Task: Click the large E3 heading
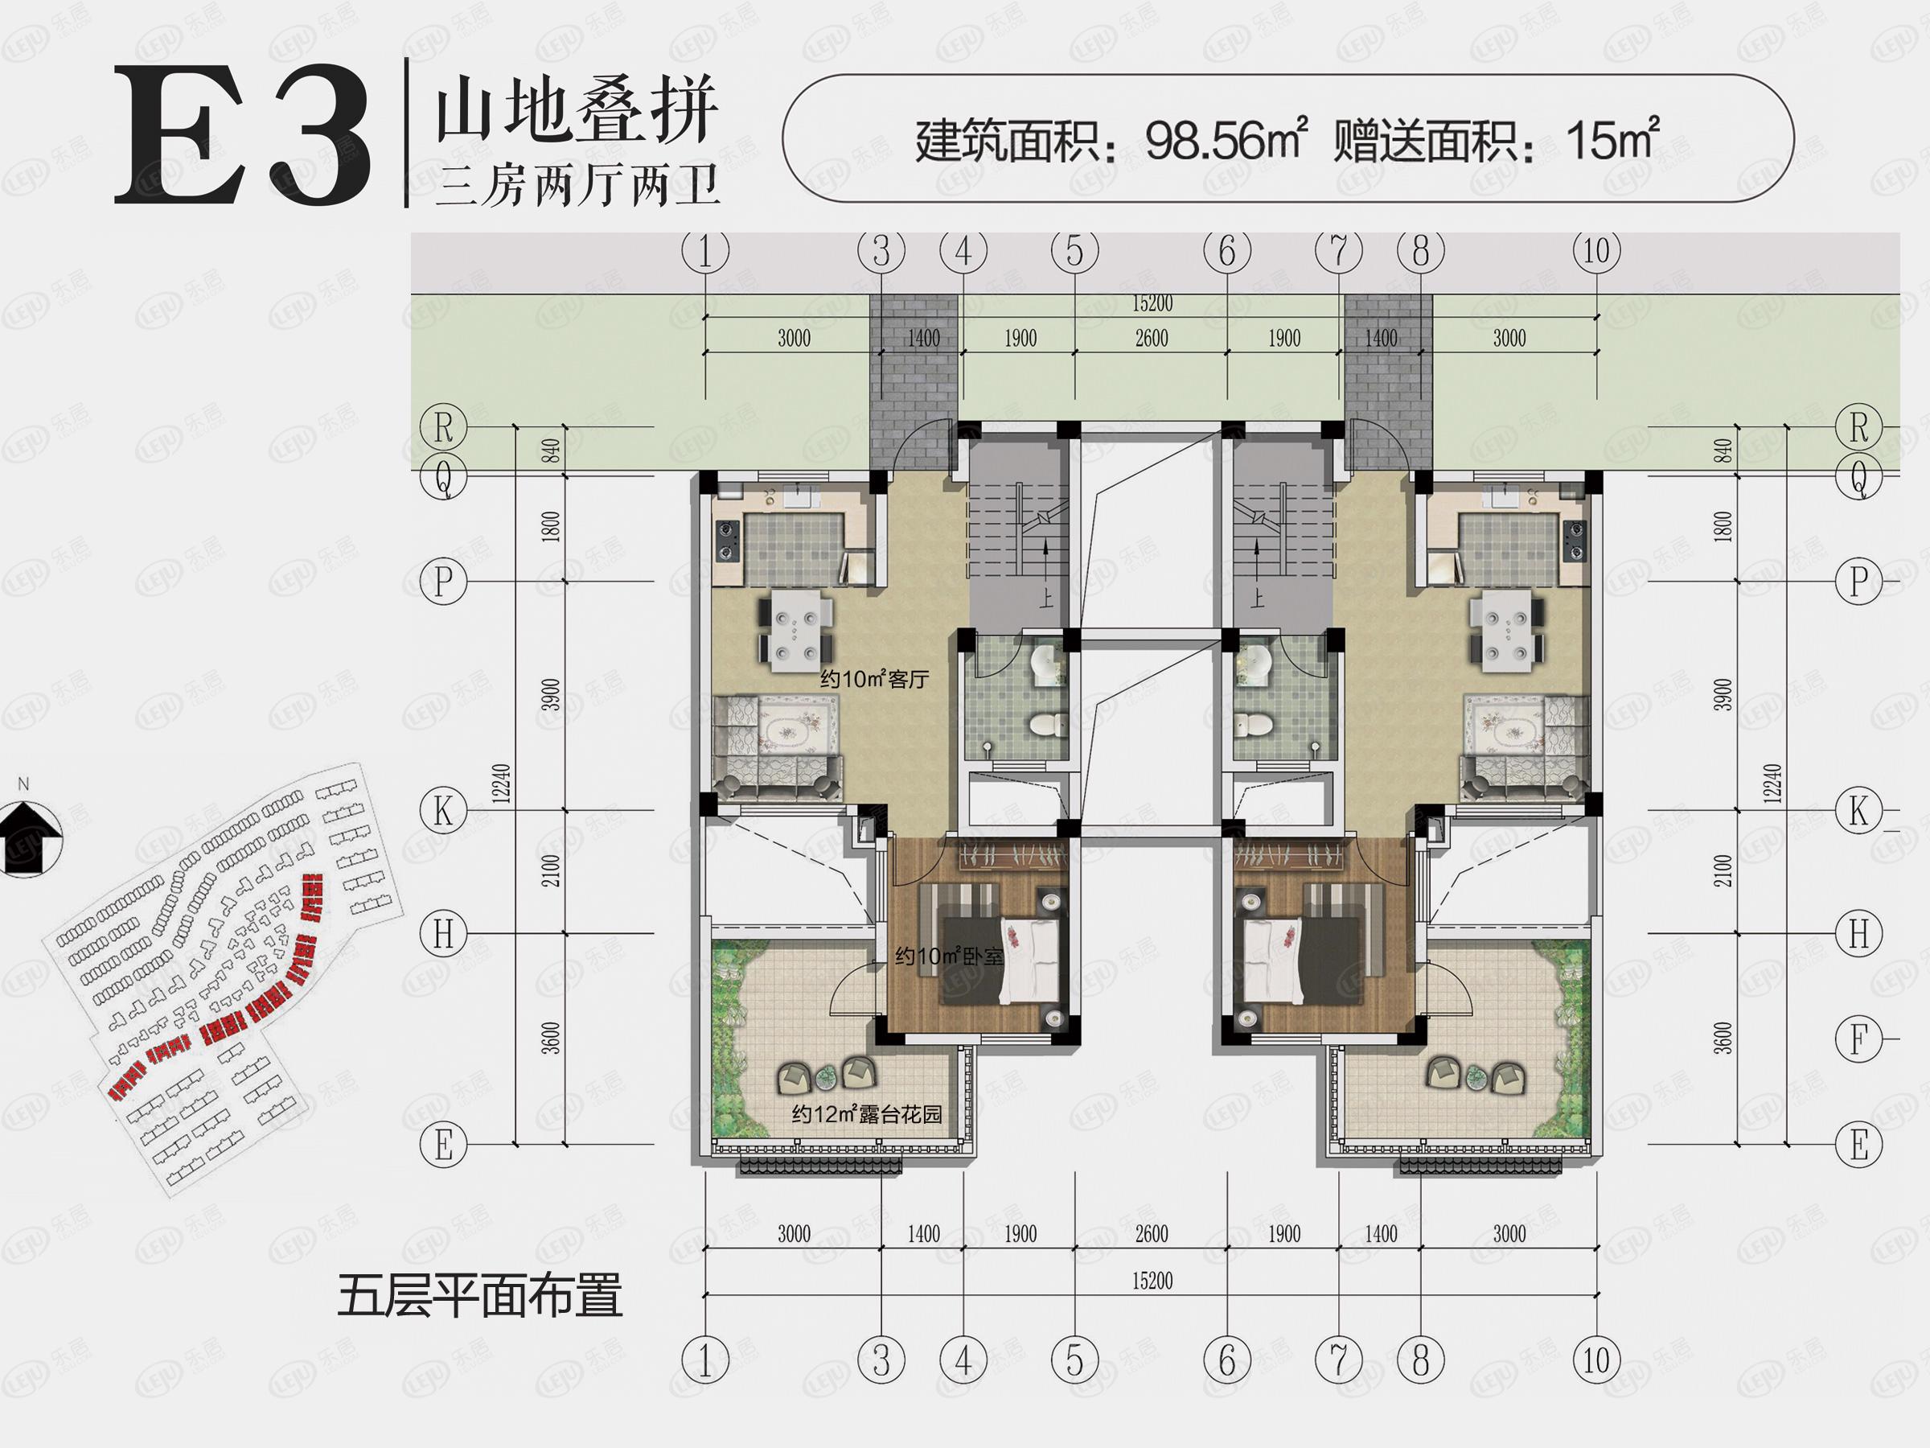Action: (243, 137)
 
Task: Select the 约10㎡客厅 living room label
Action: (873, 679)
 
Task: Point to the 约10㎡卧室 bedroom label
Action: (948, 956)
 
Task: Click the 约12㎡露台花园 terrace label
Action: (866, 1115)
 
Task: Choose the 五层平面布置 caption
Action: (480, 1295)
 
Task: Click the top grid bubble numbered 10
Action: (1597, 251)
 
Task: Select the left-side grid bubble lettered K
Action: (443, 811)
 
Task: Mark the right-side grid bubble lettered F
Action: (1858, 1039)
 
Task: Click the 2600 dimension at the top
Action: (1152, 339)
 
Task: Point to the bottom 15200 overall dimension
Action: (1152, 1281)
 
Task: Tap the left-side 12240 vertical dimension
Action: (501, 784)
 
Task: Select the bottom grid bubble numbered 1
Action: (705, 1360)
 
